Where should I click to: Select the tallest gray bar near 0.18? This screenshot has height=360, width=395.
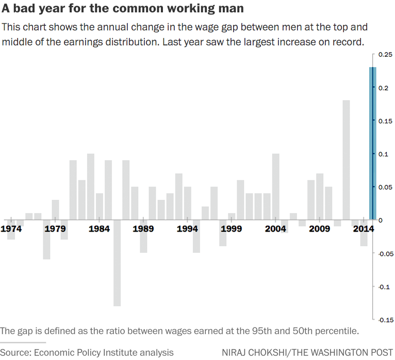(x=346, y=160)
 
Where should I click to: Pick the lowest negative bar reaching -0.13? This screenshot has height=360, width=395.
(x=117, y=263)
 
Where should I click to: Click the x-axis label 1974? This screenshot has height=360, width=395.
(x=11, y=229)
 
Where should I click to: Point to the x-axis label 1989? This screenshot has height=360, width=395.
(x=143, y=229)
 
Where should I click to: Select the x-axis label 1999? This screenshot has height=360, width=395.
(x=232, y=229)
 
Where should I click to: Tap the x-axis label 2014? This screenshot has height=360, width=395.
(x=364, y=229)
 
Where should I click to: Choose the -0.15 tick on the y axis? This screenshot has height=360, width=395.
(x=385, y=320)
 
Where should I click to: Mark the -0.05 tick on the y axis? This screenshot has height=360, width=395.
(x=385, y=254)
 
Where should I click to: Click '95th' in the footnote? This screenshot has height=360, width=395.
(x=253, y=331)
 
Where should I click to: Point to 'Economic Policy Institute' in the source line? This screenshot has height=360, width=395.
(x=82, y=352)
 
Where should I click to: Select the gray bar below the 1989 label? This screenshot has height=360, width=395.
(x=143, y=242)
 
